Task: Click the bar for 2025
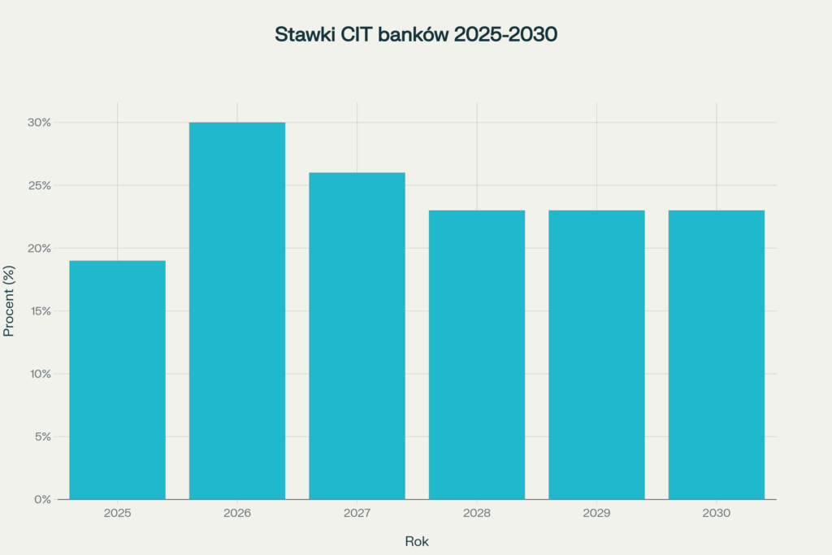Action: [117, 379]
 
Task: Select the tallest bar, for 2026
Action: [237, 310]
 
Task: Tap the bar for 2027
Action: [357, 336]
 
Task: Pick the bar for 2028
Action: [477, 354]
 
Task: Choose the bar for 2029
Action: [596, 354]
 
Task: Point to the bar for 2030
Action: [716, 354]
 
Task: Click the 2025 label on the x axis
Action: [117, 514]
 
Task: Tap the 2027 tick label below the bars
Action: [357, 514]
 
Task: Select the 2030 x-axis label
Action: [716, 514]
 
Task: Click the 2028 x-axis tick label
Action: [477, 514]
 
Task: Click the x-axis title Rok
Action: [417, 541]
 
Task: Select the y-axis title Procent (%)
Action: [10, 301]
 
